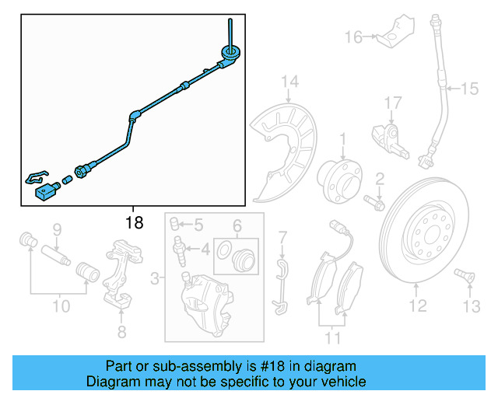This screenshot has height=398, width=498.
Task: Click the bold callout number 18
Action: point(135,222)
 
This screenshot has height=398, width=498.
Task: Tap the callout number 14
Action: point(290,82)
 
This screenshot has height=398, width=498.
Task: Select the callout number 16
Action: point(353,37)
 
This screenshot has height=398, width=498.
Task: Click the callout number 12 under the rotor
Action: point(418,306)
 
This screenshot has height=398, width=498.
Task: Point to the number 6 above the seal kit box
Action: point(237,226)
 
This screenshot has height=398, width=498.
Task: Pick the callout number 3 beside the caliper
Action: point(154,278)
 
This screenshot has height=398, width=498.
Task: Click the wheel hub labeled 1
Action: point(339,182)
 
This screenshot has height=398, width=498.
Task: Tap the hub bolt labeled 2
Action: point(374,203)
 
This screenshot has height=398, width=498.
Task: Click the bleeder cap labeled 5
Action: point(174,224)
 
